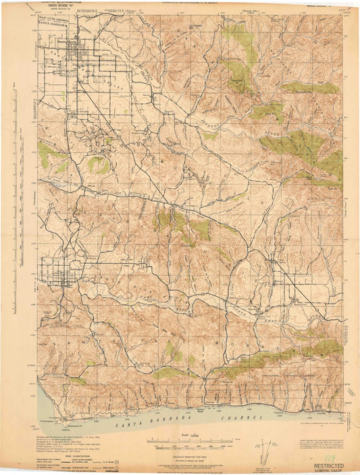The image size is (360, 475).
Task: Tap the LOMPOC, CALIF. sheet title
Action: (x=326, y=470)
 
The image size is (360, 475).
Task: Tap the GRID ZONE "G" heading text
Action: (x=58, y=7)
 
